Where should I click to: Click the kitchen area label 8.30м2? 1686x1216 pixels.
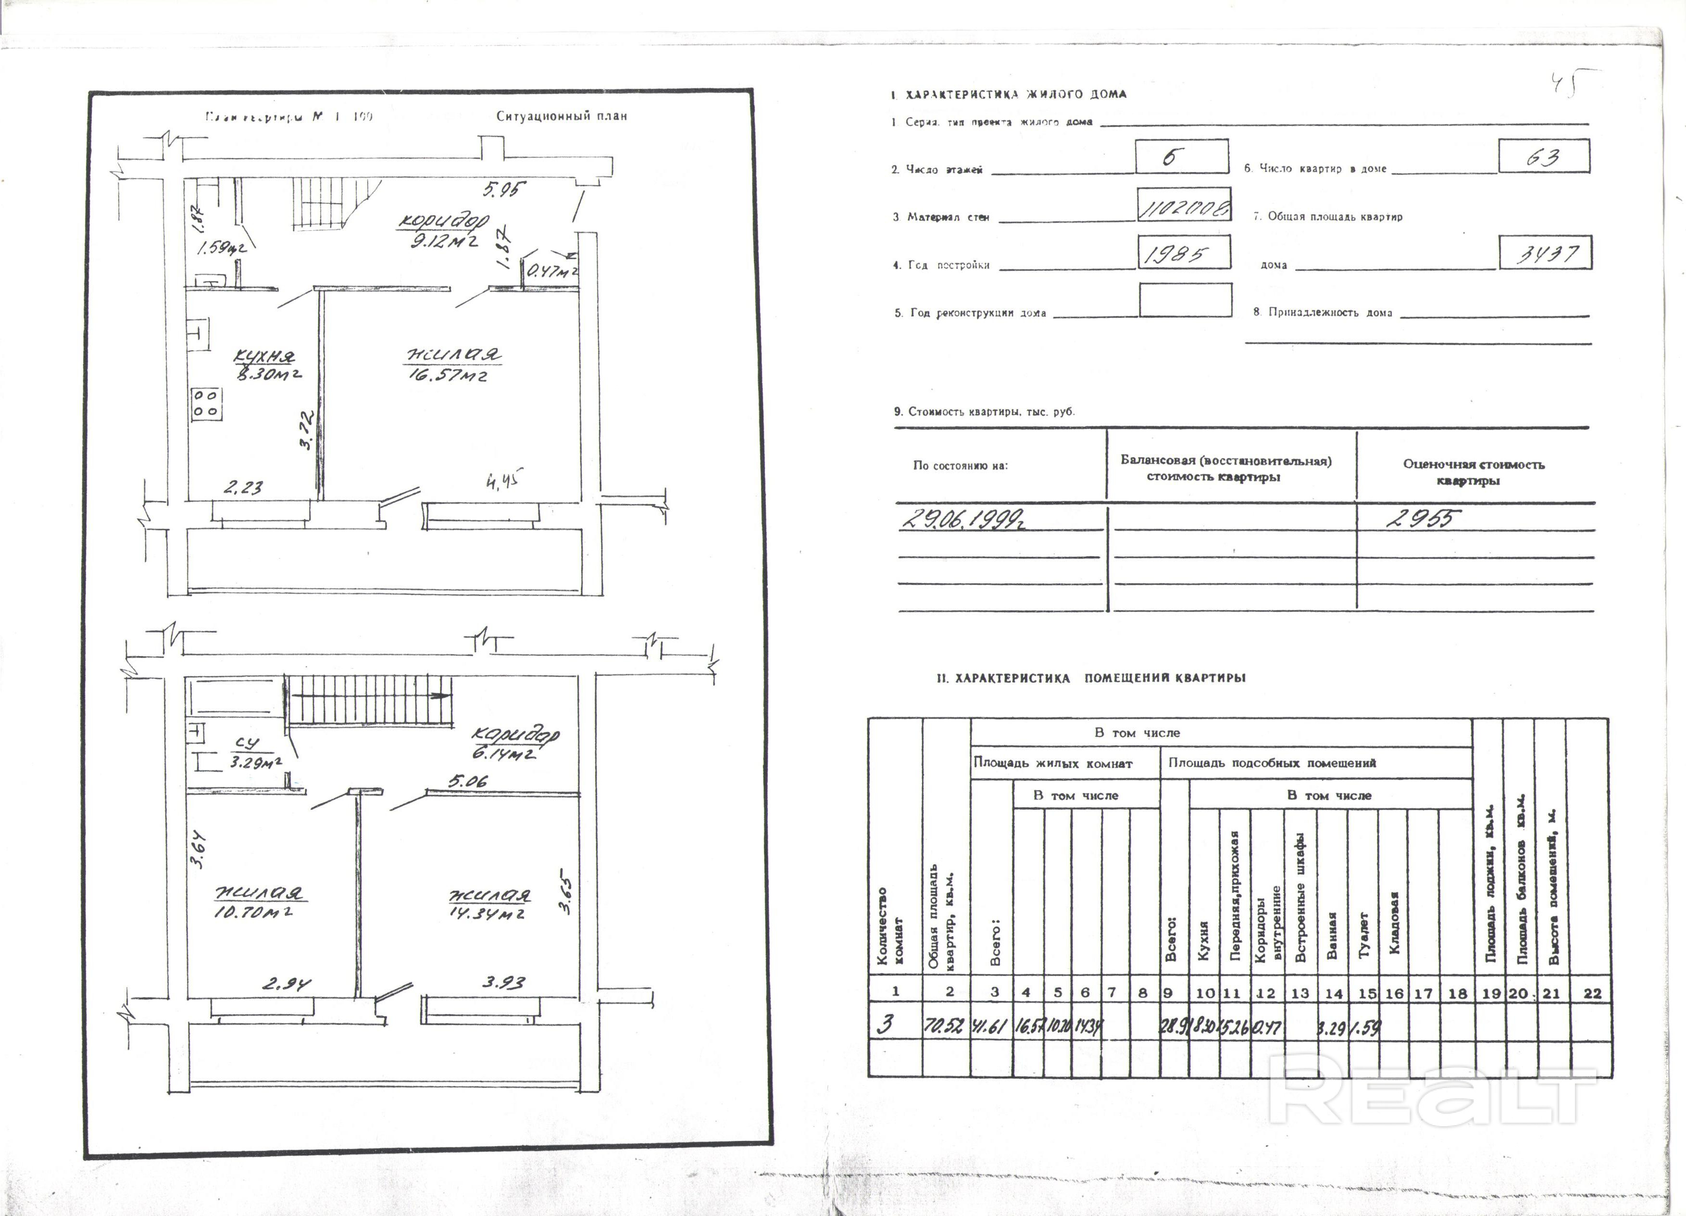[x=268, y=374]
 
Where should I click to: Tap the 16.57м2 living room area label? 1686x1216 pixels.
[x=448, y=376]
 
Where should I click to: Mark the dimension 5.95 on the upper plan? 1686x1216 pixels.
[x=504, y=190]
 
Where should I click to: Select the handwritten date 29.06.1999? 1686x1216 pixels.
[x=966, y=519]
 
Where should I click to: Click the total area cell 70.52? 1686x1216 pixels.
[x=945, y=1026]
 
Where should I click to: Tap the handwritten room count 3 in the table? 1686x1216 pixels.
[x=885, y=1025]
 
